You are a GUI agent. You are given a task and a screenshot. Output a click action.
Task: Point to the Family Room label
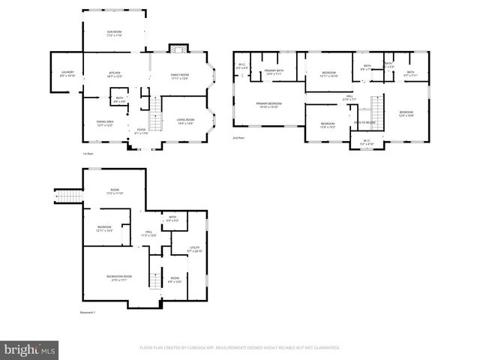coord(178,76)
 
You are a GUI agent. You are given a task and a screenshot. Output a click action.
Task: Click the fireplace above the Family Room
coord(177,49)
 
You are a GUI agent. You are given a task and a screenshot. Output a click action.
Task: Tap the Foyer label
coord(141,131)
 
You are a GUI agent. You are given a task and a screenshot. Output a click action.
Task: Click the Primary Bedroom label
coord(268,105)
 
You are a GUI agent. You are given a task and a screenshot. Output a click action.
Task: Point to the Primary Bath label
coord(273,73)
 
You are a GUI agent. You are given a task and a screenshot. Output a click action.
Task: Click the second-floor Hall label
coord(349,97)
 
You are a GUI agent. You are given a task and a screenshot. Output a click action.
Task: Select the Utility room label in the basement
coord(194,249)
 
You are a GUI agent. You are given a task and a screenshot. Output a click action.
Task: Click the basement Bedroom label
coord(104,229)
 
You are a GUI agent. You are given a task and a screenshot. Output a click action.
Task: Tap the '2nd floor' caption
coord(239,139)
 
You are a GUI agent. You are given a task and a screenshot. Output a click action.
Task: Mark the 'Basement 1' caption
coord(88,313)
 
